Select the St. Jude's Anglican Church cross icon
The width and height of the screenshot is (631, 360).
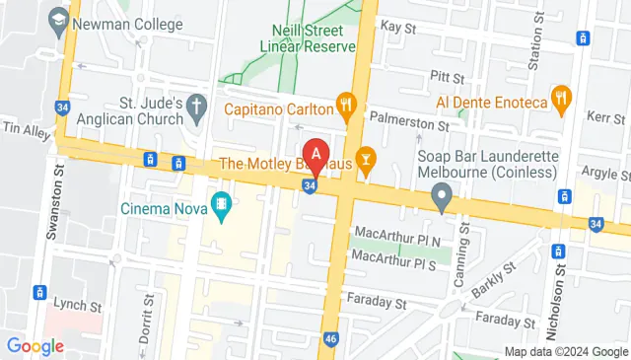(x=196, y=105)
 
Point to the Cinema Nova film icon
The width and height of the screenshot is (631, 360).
(x=223, y=208)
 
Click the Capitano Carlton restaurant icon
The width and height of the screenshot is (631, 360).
(x=345, y=102)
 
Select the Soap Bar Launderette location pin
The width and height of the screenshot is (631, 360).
(x=443, y=199)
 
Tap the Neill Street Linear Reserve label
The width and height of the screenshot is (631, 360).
(x=307, y=37)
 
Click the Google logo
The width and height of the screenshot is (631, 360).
(x=35, y=345)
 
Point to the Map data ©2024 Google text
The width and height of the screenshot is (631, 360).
(x=566, y=352)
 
